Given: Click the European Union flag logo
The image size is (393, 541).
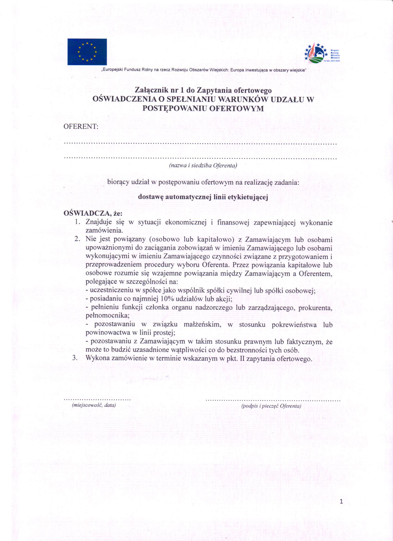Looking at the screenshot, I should pos(87,52).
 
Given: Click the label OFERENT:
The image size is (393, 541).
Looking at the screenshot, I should pos(81,127).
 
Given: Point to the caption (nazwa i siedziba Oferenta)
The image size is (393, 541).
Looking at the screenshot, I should pos(203,166).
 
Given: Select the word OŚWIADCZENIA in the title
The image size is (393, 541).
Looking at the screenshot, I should pos(123,100).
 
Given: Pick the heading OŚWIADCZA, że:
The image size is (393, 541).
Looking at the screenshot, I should pos(93,213).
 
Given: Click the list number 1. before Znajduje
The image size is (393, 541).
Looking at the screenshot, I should pos(77,223).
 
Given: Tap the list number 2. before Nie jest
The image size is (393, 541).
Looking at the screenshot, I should pos(77,239).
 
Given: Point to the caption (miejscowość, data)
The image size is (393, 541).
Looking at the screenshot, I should pos(94,405).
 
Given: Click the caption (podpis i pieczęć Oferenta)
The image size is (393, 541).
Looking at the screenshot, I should pos(271,406).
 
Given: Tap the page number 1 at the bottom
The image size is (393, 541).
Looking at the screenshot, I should pos(341,501).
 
